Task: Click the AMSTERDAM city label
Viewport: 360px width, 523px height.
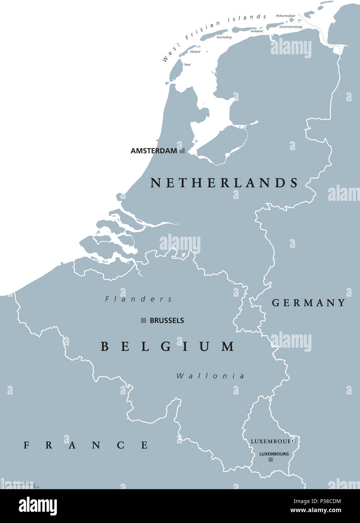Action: (x=154, y=151)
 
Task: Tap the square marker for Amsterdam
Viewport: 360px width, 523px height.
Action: (x=182, y=151)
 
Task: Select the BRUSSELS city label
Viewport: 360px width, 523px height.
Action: (x=167, y=321)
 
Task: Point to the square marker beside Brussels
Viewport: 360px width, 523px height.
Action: (x=143, y=321)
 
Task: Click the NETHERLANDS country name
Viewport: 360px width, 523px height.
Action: (x=224, y=183)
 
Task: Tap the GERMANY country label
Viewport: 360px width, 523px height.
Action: (x=308, y=303)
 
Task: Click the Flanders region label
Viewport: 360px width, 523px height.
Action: (x=139, y=299)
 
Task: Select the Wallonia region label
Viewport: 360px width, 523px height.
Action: (x=210, y=376)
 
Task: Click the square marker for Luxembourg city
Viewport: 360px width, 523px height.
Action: (x=270, y=460)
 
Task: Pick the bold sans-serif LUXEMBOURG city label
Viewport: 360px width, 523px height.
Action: (x=274, y=454)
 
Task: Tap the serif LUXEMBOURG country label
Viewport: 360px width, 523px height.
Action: (x=273, y=441)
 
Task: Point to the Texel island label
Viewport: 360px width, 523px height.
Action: (x=187, y=65)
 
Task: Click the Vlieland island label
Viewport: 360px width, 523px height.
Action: (x=195, y=52)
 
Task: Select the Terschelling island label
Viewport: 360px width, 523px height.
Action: (x=224, y=38)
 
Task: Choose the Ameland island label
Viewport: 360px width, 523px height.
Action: (x=257, y=31)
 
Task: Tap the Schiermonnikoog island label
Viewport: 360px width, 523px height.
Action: (x=290, y=27)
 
